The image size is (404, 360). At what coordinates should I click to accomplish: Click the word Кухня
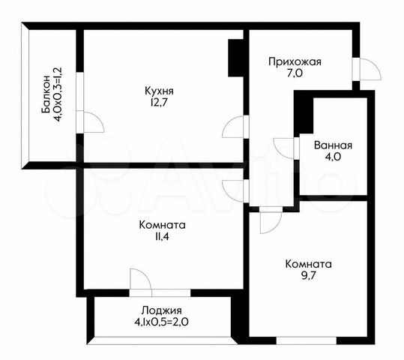159,91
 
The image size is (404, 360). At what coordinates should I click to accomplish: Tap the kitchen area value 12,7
159,103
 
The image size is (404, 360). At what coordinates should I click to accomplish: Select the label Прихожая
295,62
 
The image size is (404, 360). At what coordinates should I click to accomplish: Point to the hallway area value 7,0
295,73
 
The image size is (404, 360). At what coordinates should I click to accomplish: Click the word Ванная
333,145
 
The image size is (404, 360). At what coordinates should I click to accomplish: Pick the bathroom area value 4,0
333,157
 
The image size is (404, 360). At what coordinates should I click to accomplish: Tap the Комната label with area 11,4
162,225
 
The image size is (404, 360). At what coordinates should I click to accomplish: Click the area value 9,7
308,276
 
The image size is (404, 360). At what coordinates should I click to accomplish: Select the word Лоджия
162,310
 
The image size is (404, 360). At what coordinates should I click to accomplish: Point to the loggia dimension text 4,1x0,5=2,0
163,322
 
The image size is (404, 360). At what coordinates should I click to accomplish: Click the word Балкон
46,94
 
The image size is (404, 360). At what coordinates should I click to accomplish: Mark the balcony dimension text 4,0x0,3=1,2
57,94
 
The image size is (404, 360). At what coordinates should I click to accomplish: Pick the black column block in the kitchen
235,58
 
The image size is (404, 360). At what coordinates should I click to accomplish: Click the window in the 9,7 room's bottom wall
307,340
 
